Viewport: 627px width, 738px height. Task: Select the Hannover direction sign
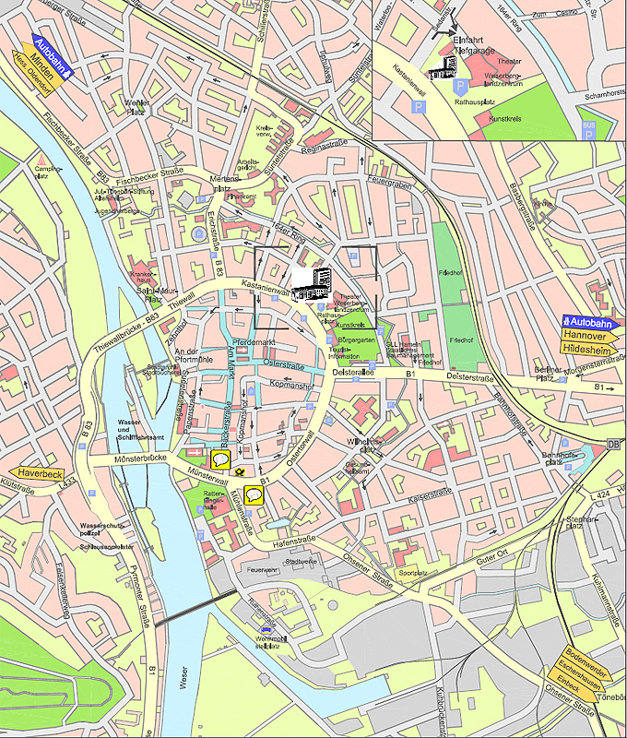[586, 336]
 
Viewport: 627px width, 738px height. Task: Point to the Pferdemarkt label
[256, 343]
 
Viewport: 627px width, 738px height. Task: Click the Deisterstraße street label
[471, 375]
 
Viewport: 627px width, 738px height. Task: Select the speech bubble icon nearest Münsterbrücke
[220, 459]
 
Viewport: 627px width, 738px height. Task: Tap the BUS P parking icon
[588, 128]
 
